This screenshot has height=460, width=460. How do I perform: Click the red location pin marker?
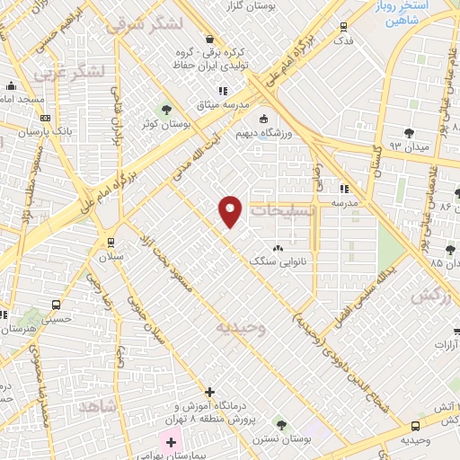click(231, 211)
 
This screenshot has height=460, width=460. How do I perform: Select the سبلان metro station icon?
click(110, 242)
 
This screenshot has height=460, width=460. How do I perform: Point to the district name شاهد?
click(98, 407)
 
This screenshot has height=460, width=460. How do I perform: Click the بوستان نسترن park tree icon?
click(281, 422)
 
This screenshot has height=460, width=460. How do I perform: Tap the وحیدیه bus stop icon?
click(414, 426)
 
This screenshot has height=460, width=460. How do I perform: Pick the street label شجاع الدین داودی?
click(350, 344)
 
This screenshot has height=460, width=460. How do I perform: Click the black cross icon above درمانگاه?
click(209, 392)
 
